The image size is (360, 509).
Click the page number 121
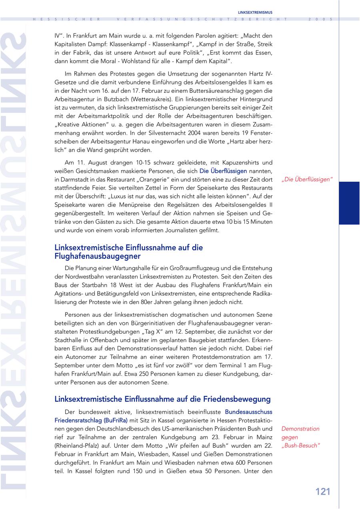[323, 492]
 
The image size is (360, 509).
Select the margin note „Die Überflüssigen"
[307, 179]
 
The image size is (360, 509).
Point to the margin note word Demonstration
[300, 429]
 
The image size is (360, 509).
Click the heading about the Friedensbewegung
[162, 399]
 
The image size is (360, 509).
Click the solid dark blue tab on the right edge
[349, 203]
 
